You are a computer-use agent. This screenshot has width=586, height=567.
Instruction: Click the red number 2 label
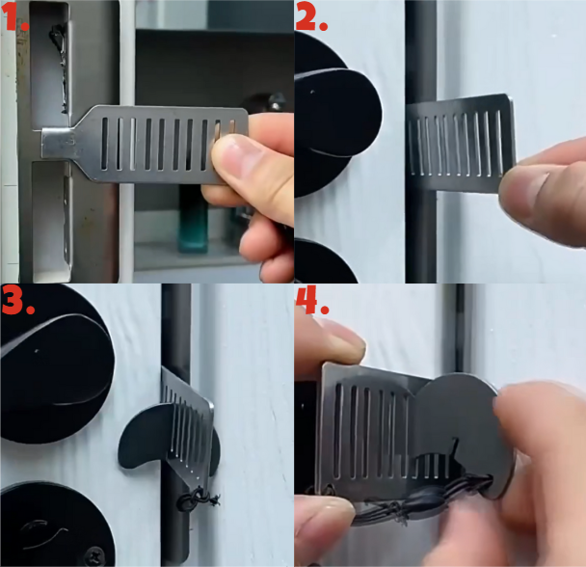tap(311, 16)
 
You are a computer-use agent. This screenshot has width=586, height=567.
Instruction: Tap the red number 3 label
tap(17, 299)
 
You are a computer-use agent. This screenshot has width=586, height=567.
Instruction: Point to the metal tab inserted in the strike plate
tap(57, 143)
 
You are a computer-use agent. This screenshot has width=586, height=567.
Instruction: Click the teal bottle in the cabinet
tap(193, 219)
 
